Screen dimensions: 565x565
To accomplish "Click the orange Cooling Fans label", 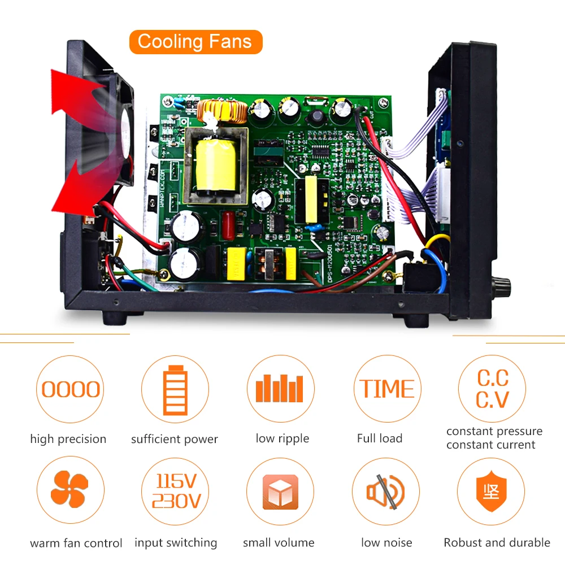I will (x=195, y=42).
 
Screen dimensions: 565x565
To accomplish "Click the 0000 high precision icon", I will (x=71, y=389).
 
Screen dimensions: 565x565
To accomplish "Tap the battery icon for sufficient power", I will (x=175, y=389).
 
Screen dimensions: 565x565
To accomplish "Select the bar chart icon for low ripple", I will (x=281, y=389).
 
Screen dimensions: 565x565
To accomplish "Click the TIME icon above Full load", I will (x=387, y=389).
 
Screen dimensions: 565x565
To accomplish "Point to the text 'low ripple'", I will (x=282, y=438).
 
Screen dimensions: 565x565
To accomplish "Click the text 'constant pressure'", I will (x=494, y=431).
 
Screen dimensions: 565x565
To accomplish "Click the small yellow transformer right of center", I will (x=311, y=199).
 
